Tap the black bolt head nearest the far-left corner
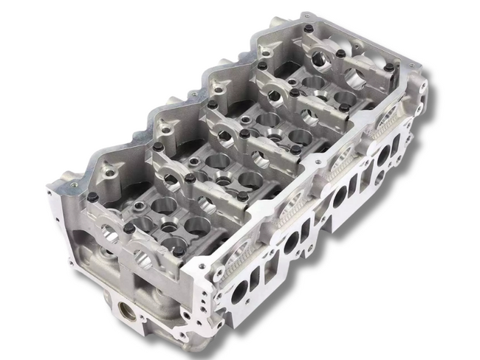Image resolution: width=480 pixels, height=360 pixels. [92, 197]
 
